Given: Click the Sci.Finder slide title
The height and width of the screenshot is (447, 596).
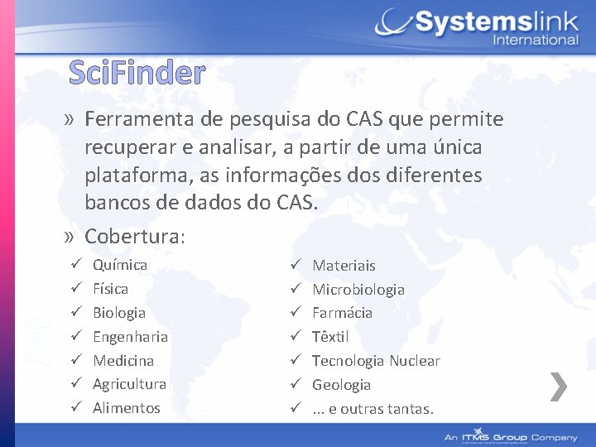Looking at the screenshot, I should coord(137,74).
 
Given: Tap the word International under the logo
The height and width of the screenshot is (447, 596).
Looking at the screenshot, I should coord(535,40).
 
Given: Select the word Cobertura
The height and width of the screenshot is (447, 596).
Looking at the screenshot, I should coord(132,236).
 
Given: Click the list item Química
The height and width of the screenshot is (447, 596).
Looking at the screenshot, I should coord(120,265).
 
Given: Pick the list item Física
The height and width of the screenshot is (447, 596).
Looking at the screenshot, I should coord(110,289).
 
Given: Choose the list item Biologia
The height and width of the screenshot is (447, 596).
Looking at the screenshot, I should coord(119,313).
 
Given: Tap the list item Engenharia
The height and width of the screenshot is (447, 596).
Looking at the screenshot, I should coord(130,337).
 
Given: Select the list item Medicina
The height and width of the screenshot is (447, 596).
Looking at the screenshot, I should coord(123,361).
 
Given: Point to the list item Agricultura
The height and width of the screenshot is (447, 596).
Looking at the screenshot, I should coord(129,384).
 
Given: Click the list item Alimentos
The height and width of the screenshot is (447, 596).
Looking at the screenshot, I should coord(127,408).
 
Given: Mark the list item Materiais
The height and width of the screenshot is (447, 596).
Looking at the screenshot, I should coord(344,266).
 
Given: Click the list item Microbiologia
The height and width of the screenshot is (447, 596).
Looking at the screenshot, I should coord(358,290).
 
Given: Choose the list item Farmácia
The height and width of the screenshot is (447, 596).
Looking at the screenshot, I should coord(342,313).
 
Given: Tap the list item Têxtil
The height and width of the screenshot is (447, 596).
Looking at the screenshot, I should coord(330,337).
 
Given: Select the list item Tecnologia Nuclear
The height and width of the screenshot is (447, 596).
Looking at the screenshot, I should coord(376,361).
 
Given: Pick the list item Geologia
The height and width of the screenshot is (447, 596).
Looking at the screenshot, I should coord(341,385).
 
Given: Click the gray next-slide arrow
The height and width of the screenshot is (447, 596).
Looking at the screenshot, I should coord(559,386).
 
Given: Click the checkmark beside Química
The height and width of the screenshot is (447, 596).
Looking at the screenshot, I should coord(74,265).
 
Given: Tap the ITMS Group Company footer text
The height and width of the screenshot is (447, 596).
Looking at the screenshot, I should coord(511,436).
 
